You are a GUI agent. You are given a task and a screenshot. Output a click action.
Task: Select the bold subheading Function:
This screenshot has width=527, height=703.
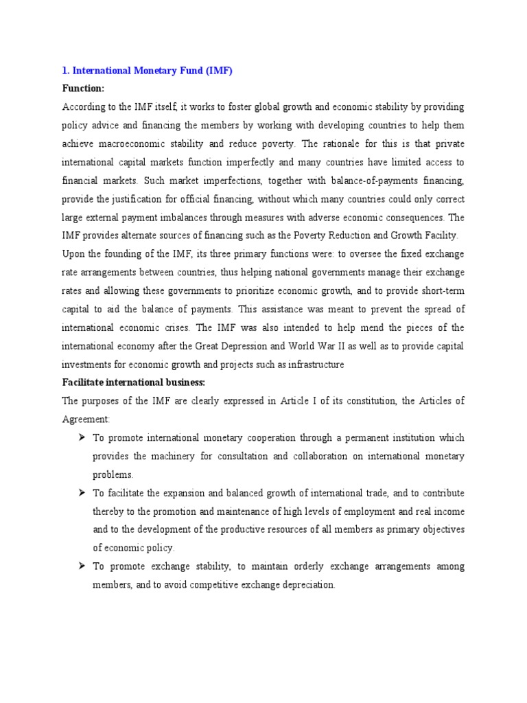tap(83, 89)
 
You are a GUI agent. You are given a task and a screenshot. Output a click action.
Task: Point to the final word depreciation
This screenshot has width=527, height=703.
tap(301, 585)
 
